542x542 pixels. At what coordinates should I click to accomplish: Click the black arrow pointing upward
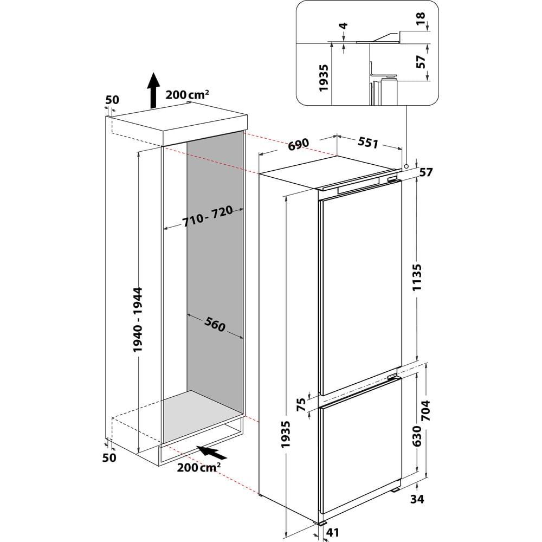pos(154,90)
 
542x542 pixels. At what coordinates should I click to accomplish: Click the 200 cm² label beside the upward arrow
pos(188,95)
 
